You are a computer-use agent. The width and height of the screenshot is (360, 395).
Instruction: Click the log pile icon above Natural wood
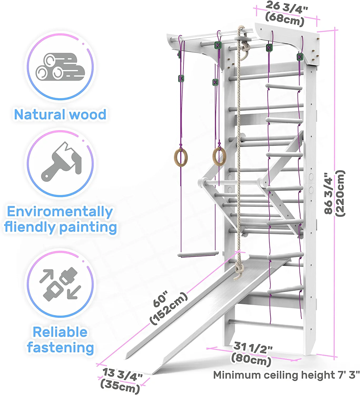(x=60, y=67)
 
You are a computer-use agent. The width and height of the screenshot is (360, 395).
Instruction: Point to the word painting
(x=88, y=228)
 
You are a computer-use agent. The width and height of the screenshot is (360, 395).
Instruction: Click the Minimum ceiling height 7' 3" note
(x=286, y=375)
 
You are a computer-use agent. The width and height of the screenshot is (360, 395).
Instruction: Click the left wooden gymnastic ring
(x=181, y=157)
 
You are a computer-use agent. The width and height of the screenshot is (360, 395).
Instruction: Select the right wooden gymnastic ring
(x=219, y=156)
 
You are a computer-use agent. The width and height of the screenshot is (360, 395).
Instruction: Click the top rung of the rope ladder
(x=284, y=87)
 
